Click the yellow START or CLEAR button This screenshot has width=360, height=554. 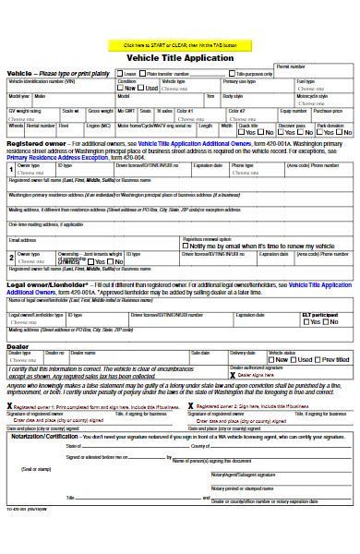pyautogui.click(x=179, y=43)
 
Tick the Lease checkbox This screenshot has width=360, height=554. pyautogui.click(x=121, y=74)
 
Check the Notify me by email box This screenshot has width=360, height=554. pyautogui.click(x=187, y=247)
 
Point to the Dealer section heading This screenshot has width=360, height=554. pyautogui.click(x=18, y=319)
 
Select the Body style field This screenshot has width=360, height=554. pyautogui.click(x=254, y=100)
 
